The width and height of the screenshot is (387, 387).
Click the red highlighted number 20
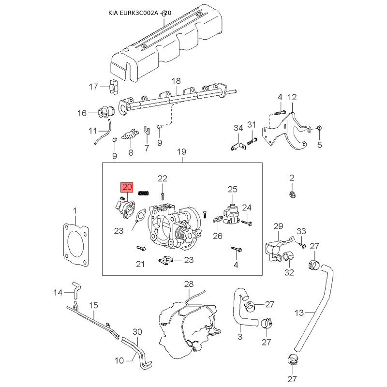pyautogui.click(x=127, y=187)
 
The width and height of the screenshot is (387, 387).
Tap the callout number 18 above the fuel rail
pyautogui.click(x=176, y=81)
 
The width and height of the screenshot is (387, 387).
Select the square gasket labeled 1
pyautogui.click(x=76, y=245)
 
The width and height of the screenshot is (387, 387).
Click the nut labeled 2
pyautogui.click(x=292, y=195)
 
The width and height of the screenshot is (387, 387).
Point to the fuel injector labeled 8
pyautogui.click(x=130, y=134)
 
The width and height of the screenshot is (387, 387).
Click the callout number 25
pyautogui.click(x=233, y=190)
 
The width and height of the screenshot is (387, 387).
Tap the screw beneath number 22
pyautogui.click(x=163, y=196)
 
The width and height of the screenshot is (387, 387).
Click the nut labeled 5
pyautogui.click(x=319, y=128)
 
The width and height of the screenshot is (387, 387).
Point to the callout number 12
pyautogui.click(x=292, y=97)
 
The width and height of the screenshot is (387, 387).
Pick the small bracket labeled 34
pyautogui.click(x=238, y=147)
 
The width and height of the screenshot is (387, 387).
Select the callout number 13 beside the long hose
pyautogui.click(x=299, y=313)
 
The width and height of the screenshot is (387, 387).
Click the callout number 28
pyautogui.click(x=189, y=284)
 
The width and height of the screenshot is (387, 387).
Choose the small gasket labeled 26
pyautogui.click(x=218, y=220)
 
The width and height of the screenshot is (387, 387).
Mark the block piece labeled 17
pyautogui.click(x=114, y=87)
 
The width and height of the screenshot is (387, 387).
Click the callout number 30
pyautogui.click(x=137, y=332)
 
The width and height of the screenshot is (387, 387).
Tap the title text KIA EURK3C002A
pyautogui.click(x=133, y=13)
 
